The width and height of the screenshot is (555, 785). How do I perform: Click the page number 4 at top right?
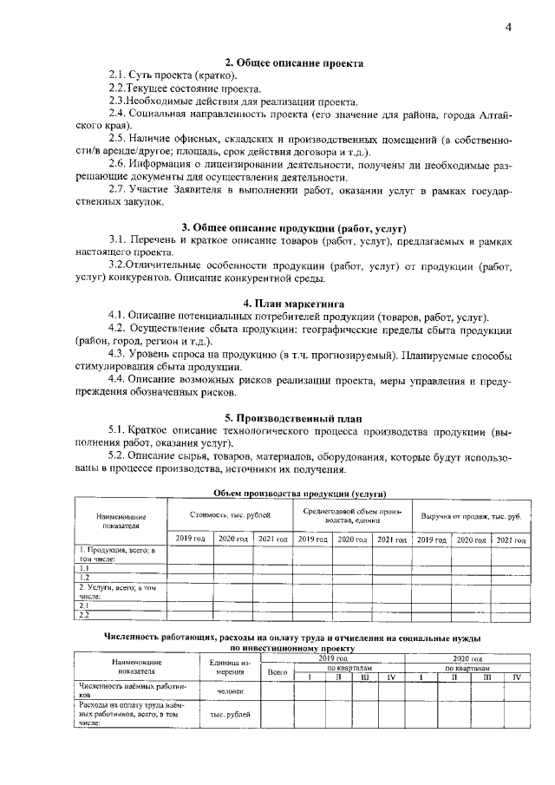[509, 27]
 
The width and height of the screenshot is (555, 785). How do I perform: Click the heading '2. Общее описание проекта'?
[294, 63]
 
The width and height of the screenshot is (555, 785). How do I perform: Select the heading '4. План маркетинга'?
[294, 304]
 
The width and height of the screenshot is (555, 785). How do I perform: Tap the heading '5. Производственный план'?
[294, 416]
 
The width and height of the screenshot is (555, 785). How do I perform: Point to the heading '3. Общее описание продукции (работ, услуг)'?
[294, 227]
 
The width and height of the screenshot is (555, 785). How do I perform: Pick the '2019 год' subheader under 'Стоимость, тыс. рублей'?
[190, 540]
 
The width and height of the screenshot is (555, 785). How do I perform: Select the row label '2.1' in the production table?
[85, 605]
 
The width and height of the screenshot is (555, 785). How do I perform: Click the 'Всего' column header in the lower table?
[277, 671]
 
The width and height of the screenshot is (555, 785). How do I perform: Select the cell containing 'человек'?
[230, 691]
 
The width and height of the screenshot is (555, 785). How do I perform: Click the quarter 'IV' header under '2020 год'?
[517, 677]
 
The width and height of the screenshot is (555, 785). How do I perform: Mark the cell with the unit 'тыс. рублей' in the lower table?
[230, 714]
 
